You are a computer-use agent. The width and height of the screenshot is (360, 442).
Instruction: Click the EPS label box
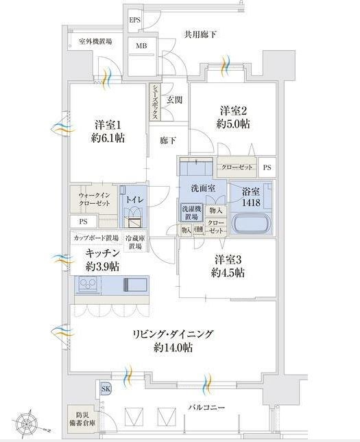(x=135, y=20)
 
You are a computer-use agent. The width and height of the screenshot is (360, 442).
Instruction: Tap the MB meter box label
(x=141, y=46)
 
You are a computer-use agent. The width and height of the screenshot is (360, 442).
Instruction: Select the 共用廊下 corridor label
(x=200, y=34)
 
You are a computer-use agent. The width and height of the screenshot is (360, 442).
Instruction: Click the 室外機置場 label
(x=95, y=41)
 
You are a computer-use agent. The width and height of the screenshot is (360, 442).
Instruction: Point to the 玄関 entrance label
(x=173, y=101)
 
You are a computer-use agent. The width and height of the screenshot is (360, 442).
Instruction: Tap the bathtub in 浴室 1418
(x=252, y=225)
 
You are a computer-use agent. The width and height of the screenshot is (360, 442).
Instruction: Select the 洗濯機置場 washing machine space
(x=191, y=213)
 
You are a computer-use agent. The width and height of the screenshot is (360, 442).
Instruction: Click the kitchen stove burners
(x=88, y=284)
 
